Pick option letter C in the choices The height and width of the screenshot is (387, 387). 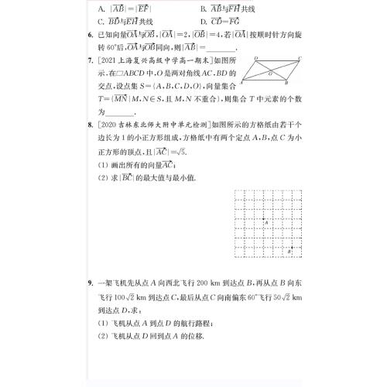(x=102, y=23)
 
